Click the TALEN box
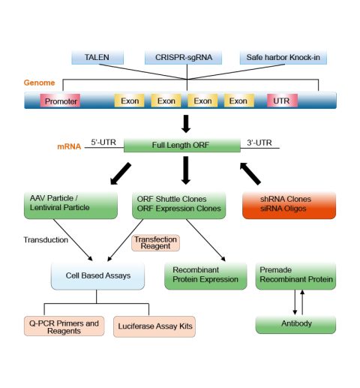pyautogui.click(x=97, y=57)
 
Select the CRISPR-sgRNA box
pyautogui.click(x=183, y=57)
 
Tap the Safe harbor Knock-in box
pyautogui.click(x=283, y=57)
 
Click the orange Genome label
pyautogui.click(x=39, y=83)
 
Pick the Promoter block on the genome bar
pyautogui.click(x=60, y=101)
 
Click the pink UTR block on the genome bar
pyautogui.click(x=282, y=101)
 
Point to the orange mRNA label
pyautogui.click(x=69, y=146)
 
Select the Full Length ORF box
pyautogui.click(x=182, y=145)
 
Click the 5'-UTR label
pyautogui.click(x=103, y=142)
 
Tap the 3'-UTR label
pyautogui.click(x=259, y=143)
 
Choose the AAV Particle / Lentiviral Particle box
pyautogui.click(x=70, y=205)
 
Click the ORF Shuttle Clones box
pyautogui.click(x=179, y=205)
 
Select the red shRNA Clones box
pyautogui.click(x=289, y=205)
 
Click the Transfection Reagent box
pyautogui.click(x=155, y=242)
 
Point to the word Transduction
pyautogui.click(x=46, y=240)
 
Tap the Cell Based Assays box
pyautogui.click(x=97, y=276)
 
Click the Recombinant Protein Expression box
pyautogui.click(x=205, y=276)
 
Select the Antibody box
pyautogui.click(x=295, y=324)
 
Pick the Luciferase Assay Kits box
pyautogui.click(x=154, y=326)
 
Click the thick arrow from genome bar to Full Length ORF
pyautogui.click(x=186, y=124)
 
